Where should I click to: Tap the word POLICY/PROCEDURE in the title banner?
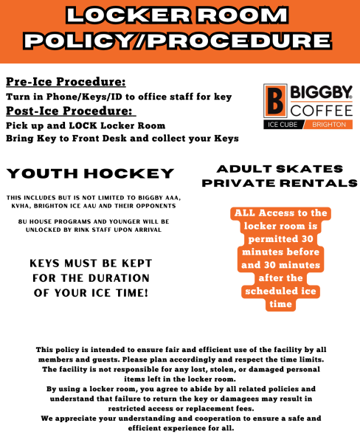click(179, 42)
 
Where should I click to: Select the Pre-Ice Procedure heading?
click(66, 82)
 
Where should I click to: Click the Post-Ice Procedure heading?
click(71, 111)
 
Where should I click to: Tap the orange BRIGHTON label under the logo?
click(329, 125)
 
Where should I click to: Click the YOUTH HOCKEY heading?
click(90, 174)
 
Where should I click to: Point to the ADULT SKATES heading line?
click(280, 169)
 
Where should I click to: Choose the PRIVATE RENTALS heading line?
click(280, 183)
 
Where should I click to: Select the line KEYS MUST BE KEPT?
click(91, 263)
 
